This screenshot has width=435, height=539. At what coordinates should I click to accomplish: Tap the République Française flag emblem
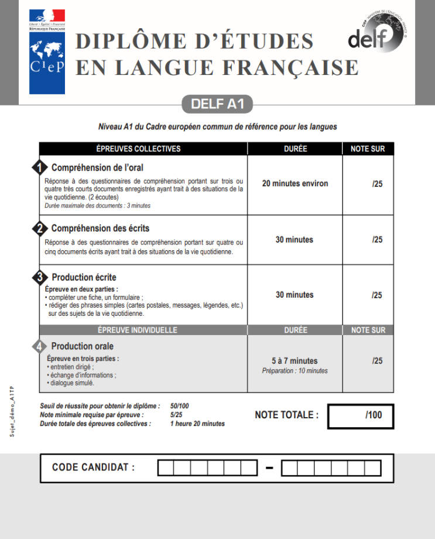(x=47, y=19)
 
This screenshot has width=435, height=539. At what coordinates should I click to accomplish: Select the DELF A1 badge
(x=217, y=104)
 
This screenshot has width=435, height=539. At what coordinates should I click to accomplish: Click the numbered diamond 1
(x=39, y=168)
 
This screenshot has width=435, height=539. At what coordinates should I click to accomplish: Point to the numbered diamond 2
(x=39, y=228)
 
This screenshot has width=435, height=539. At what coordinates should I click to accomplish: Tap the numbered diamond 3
(x=39, y=277)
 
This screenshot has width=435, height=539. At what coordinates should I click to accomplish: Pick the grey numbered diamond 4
(x=39, y=347)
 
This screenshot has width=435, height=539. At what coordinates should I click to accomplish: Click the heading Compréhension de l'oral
(x=97, y=168)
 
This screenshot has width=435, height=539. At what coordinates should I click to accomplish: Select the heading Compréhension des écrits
(x=104, y=228)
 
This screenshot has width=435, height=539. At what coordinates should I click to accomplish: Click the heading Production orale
(x=83, y=346)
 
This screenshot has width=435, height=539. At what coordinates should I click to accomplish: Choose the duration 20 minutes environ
(x=295, y=183)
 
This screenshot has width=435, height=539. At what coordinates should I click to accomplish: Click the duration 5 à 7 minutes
(x=294, y=361)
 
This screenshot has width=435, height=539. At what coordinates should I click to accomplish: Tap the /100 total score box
(x=361, y=415)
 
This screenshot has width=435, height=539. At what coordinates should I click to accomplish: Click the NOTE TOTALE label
(x=287, y=415)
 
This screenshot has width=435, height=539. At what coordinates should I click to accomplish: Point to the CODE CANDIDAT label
(x=93, y=467)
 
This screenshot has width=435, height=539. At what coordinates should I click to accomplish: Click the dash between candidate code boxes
(x=269, y=468)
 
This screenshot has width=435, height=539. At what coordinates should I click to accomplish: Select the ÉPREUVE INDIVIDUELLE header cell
(x=138, y=330)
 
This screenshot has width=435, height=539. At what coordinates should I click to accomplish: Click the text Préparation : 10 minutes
(x=294, y=371)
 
